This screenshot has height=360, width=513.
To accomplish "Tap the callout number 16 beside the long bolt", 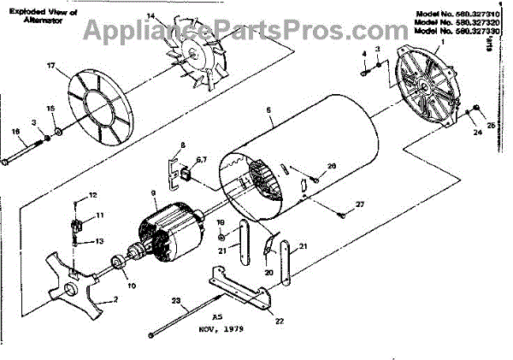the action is pyautogui.click(x=15, y=131).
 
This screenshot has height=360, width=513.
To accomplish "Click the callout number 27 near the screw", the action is pyautogui.click(x=360, y=204).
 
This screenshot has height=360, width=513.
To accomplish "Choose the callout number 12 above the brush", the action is pyautogui.click(x=93, y=196).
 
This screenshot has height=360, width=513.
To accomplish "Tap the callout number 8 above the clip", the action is pyautogui.click(x=182, y=145).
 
